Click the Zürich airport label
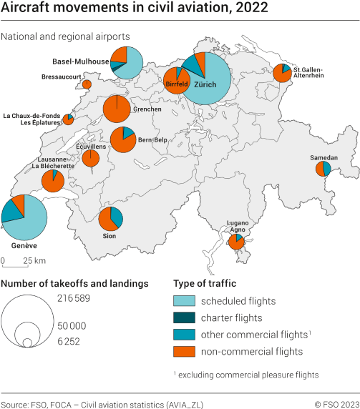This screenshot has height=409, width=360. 205,84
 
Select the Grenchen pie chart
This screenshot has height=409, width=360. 117,109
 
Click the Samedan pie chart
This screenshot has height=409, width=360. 323,169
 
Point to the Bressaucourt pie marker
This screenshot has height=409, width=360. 87,84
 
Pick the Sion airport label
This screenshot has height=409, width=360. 110,235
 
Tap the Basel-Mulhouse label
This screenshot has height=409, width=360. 81,61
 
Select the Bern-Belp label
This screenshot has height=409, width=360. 152,139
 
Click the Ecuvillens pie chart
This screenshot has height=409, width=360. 91,158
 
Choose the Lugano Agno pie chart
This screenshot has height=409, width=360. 237,242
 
